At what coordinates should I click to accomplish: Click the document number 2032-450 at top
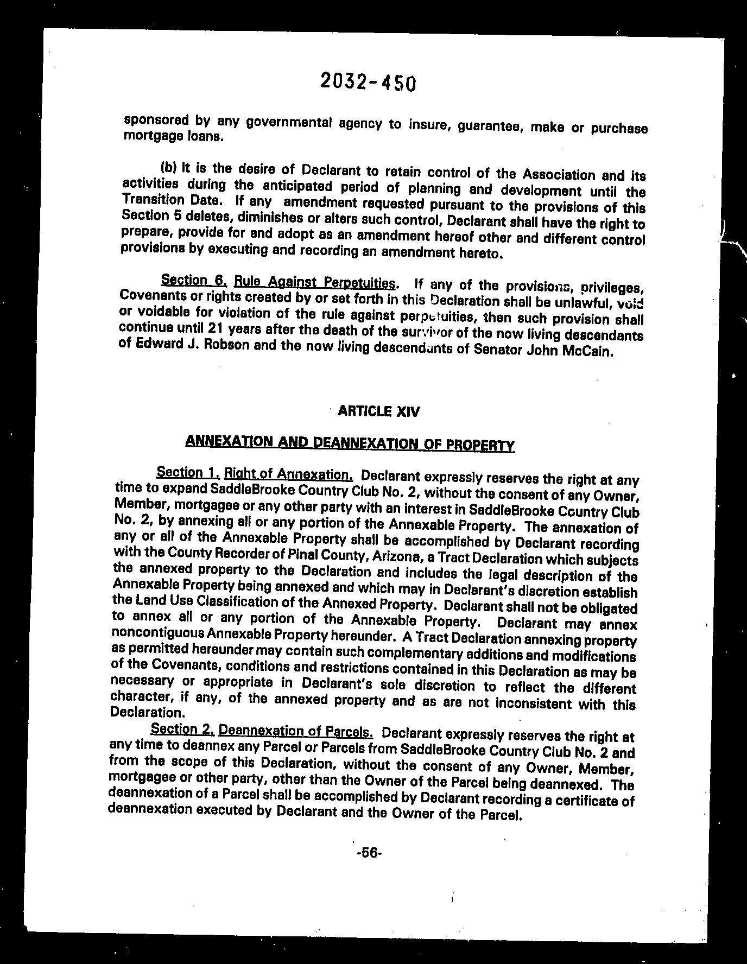click(x=368, y=82)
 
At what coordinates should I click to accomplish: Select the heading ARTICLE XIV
click(x=378, y=411)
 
